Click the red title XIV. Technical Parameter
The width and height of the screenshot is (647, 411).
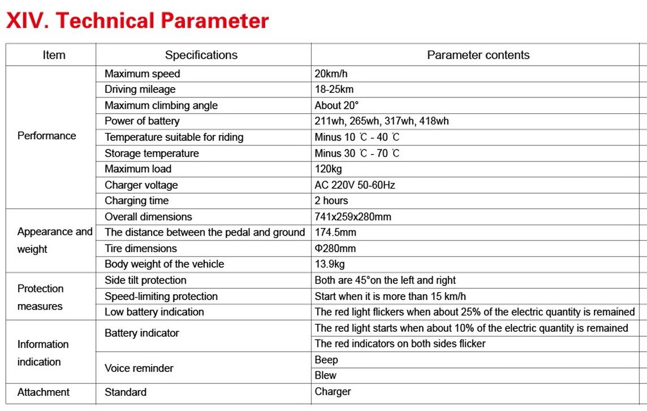pyautogui.click(x=137, y=21)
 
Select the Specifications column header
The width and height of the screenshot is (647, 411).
pyautogui.click(x=201, y=55)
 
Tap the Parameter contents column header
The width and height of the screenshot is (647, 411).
pyautogui.click(x=478, y=55)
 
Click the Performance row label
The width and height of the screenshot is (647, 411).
pyautogui.click(x=46, y=136)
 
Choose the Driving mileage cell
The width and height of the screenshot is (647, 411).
pyautogui.click(x=140, y=89)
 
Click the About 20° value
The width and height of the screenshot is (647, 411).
pyautogui.click(x=337, y=105)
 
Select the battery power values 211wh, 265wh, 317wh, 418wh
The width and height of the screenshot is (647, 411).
pyautogui.click(x=382, y=121)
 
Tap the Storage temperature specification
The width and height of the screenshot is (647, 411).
pyautogui.click(x=152, y=153)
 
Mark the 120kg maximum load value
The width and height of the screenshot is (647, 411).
pyautogui.click(x=328, y=169)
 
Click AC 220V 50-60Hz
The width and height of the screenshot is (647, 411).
pyautogui.click(x=355, y=185)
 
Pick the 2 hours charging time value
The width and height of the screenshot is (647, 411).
pyautogui.click(x=331, y=200)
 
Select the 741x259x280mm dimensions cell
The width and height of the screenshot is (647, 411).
pyautogui.click(x=353, y=217)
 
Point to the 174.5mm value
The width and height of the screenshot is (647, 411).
pyautogui.click(x=335, y=232)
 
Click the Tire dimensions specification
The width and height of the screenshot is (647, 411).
pyautogui.click(x=141, y=249)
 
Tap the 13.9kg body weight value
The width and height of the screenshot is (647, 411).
pyautogui.click(x=330, y=264)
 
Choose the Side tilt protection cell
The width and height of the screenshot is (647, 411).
pyautogui.click(x=145, y=280)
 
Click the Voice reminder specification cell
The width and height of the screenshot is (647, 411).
pyautogui.click(x=139, y=368)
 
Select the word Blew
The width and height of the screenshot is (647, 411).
pyautogui.click(x=326, y=375)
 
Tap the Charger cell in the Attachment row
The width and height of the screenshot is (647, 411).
pyautogui.click(x=333, y=392)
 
